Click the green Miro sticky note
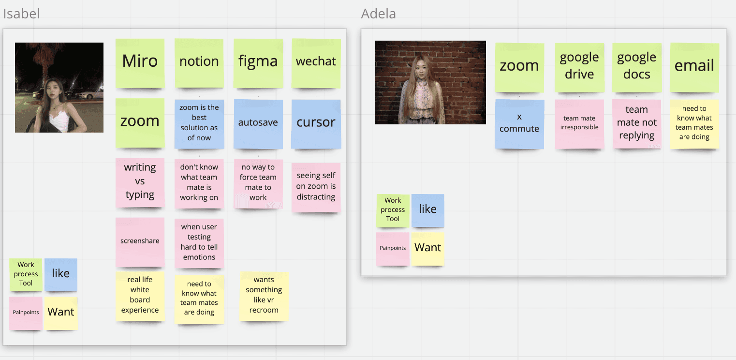click(x=140, y=63)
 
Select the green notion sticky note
click(x=199, y=63)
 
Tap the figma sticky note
click(x=258, y=63)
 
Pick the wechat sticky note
click(x=316, y=63)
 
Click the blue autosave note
click(x=258, y=123)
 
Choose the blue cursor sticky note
click(x=316, y=123)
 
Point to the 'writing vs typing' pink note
click(x=140, y=182)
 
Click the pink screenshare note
click(x=140, y=241)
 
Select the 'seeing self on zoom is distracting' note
click(x=316, y=187)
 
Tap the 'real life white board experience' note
click(x=140, y=296)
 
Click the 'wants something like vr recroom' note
click(x=264, y=296)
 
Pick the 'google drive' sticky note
click(x=579, y=67)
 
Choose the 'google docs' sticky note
click(x=636, y=67)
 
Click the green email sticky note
click(x=694, y=67)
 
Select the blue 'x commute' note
click(x=519, y=124)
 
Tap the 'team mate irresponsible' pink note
click(x=579, y=124)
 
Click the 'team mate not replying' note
click(x=636, y=124)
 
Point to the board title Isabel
click(x=21, y=14)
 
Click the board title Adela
click(x=378, y=14)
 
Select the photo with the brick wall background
click(x=430, y=82)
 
